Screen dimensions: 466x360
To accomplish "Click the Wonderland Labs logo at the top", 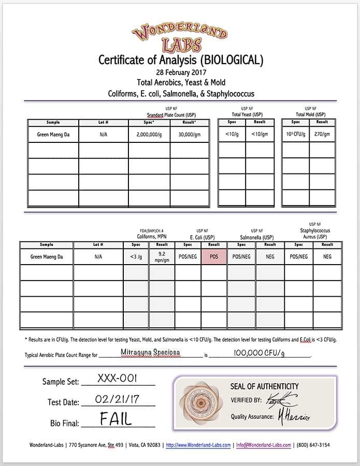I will click(x=180, y=37).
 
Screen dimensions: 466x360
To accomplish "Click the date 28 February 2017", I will click(x=180, y=72).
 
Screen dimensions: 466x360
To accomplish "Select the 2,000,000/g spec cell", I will click(x=149, y=134).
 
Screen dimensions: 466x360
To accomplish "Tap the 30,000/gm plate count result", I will click(x=190, y=134).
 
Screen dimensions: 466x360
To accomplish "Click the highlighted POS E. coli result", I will click(x=214, y=256).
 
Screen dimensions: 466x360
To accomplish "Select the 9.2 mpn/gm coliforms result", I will click(x=162, y=256).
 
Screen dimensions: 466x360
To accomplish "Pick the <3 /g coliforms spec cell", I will click(x=136, y=256).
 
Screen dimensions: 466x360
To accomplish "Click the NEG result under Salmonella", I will click(x=270, y=256).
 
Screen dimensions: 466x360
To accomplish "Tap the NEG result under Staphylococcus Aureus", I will click(x=327, y=256).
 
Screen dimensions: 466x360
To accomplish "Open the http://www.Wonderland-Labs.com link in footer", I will click(x=198, y=445).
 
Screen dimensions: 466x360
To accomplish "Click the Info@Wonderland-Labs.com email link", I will click(x=263, y=445).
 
